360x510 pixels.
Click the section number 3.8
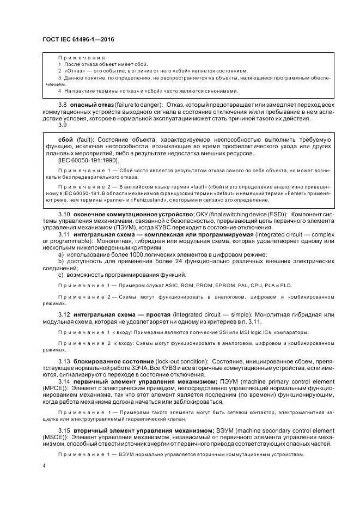click(63, 104)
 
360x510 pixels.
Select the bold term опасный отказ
click(90, 104)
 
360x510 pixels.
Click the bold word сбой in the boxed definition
click(66, 141)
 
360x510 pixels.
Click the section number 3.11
click(64, 233)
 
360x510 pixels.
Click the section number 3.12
click(64, 315)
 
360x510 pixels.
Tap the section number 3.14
click(64, 381)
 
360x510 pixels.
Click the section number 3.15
click(64, 430)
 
